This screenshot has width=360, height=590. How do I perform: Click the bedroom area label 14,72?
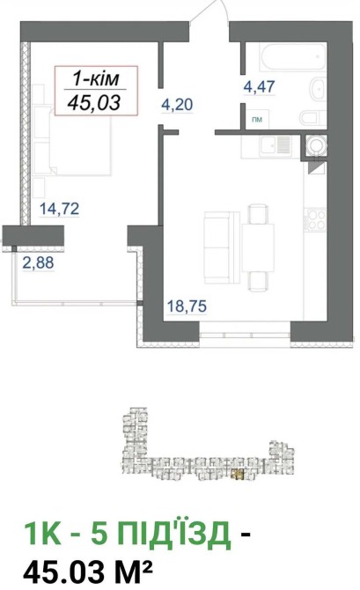tap(60, 208)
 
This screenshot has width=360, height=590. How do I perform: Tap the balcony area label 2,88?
tap(38, 262)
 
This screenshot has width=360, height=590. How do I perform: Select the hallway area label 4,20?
tap(177, 104)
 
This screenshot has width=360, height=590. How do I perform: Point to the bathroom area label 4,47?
tap(259, 87)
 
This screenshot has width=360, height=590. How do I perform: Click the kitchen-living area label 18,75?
tap(187, 306)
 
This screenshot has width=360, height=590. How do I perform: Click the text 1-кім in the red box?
tap(96, 79)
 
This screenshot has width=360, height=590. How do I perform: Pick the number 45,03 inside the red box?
tap(94, 102)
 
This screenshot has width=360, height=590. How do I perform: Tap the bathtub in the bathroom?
tap(292, 56)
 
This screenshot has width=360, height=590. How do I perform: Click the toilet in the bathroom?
tap(313, 117)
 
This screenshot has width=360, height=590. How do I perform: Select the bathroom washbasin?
tap(318, 90)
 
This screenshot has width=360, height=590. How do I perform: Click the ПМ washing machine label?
tap(257, 120)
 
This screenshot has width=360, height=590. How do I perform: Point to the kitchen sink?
tap(276, 145)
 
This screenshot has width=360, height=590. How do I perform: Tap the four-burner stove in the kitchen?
tap(316, 219)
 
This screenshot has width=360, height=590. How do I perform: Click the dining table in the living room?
tap(258, 247)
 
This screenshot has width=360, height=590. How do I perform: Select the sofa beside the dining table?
tap(222, 247)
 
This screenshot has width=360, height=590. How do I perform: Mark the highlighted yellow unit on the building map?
tap(238, 475)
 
